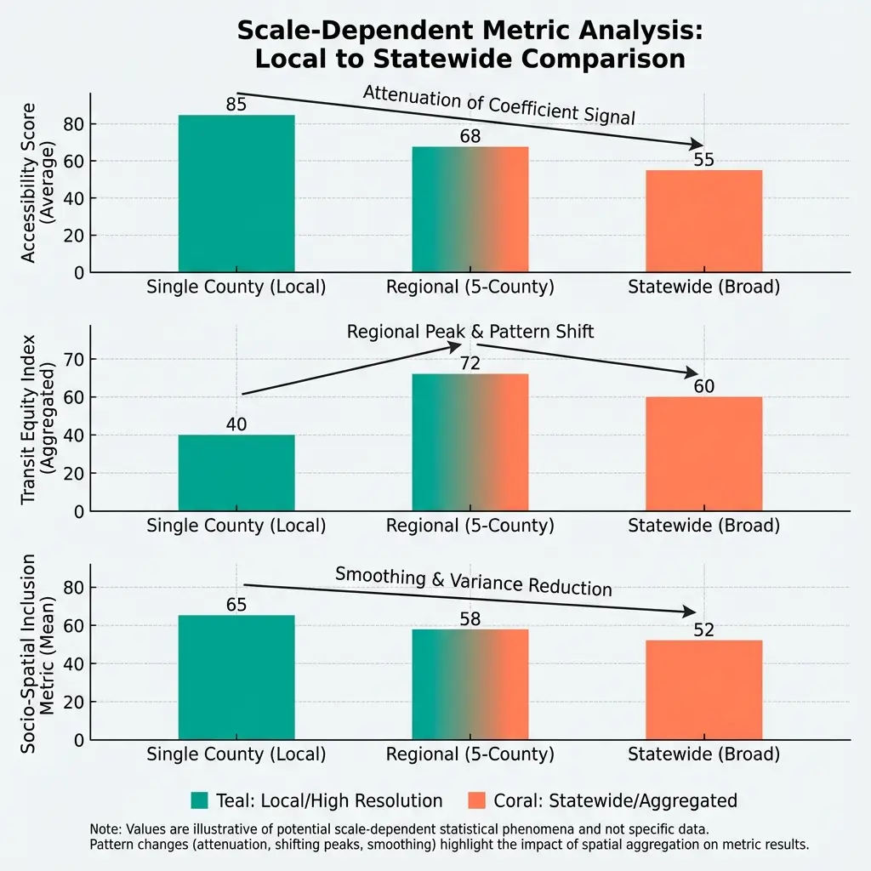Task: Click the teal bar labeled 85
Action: (236, 194)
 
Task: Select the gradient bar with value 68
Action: (470, 209)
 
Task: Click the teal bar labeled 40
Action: (236, 473)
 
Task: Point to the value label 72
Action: (470, 364)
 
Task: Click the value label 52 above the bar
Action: (703, 630)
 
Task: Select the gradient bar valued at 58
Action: (470, 684)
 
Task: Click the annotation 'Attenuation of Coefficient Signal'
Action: (499, 105)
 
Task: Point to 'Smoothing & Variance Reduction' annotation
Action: (474, 581)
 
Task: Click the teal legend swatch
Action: (200, 800)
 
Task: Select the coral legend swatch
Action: (477, 800)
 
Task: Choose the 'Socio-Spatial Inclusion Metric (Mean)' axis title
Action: (39, 652)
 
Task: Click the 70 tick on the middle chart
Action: (74, 359)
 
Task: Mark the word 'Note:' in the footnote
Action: (105, 828)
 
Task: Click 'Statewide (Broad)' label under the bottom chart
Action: (703, 754)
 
